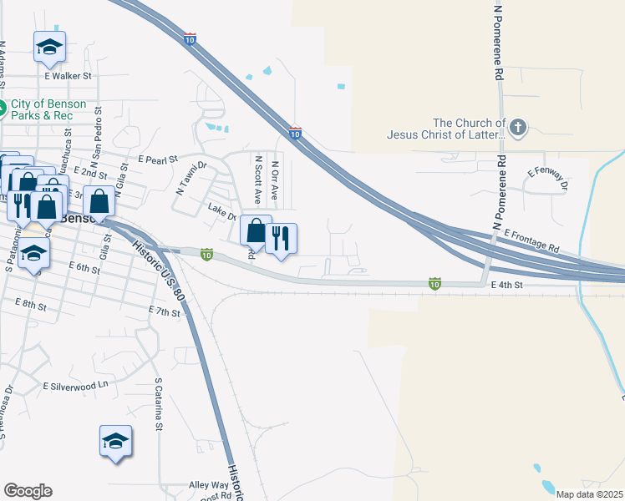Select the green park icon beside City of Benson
3,106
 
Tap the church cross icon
518,128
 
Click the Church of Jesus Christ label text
445,128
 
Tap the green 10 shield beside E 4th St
434,283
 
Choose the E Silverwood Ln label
76,386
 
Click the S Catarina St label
158,407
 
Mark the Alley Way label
209,484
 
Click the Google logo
28,491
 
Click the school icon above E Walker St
49,48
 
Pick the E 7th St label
165,311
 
